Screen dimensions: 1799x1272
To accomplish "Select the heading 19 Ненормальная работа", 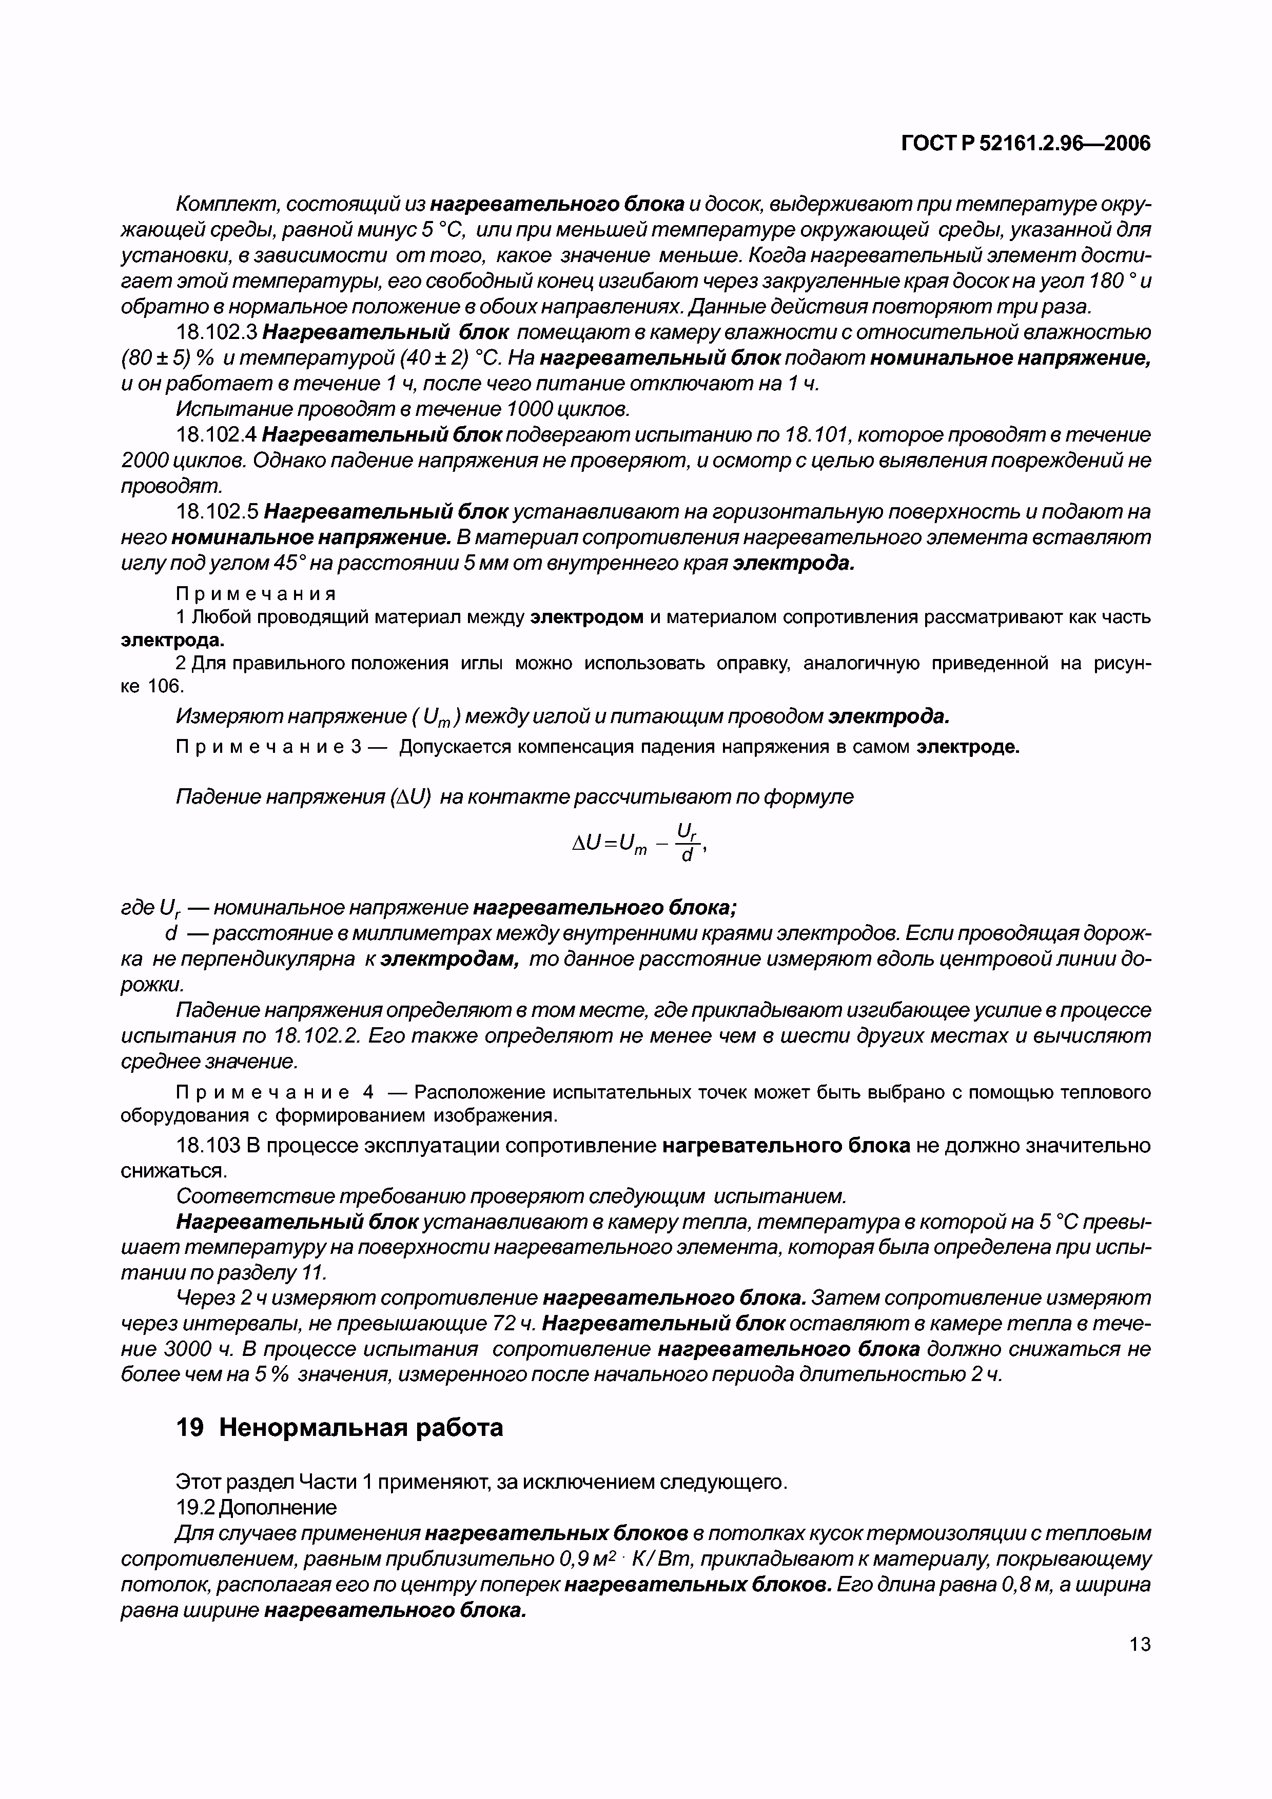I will (339, 1428).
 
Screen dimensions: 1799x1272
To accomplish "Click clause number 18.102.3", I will (217, 332).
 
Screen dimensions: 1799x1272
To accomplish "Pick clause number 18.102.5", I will (217, 512).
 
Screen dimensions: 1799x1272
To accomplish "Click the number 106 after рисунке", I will (165, 686).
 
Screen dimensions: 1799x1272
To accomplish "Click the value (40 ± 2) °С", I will (444, 358).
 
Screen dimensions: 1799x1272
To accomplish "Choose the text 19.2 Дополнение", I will (256, 1507).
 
